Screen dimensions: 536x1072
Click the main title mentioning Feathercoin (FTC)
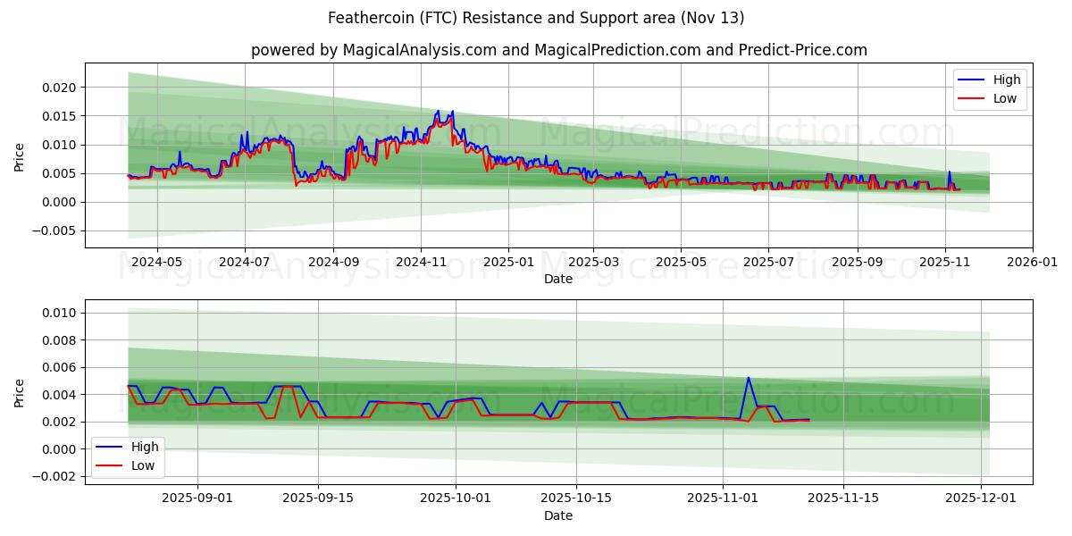[535, 18]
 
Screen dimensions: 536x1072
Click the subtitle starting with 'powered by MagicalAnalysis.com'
[558, 50]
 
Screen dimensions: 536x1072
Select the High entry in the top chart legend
[1007, 80]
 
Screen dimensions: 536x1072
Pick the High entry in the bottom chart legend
[145, 447]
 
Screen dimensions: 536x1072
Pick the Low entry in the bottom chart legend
[143, 465]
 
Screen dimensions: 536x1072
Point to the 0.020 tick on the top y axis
[58, 88]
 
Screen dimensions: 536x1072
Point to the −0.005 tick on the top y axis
[54, 230]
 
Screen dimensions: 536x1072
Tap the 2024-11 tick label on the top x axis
[421, 263]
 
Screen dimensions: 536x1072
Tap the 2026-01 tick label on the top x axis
[1033, 263]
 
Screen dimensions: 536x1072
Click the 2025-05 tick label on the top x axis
[681, 263]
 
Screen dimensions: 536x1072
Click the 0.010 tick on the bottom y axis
[58, 313]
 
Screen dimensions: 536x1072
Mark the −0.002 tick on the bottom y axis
[54, 476]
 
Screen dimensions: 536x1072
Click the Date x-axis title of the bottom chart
[558, 515]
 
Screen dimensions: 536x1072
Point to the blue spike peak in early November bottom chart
[748, 378]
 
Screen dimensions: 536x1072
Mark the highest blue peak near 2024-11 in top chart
[437, 112]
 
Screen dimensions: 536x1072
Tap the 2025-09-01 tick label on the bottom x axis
[197, 498]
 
